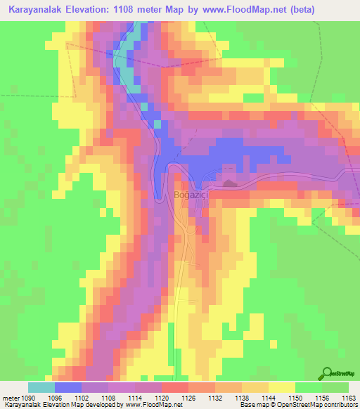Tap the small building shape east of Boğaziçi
[229, 184]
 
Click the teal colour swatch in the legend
[41, 387]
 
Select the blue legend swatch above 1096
[68, 387]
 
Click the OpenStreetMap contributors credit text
[320, 405]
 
